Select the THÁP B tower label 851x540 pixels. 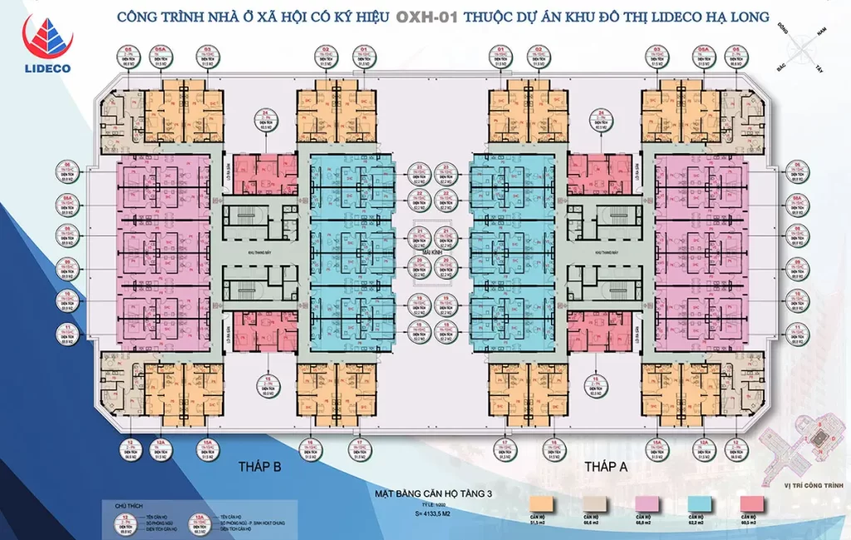click(259, 467)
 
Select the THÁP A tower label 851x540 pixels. click(605, 467)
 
